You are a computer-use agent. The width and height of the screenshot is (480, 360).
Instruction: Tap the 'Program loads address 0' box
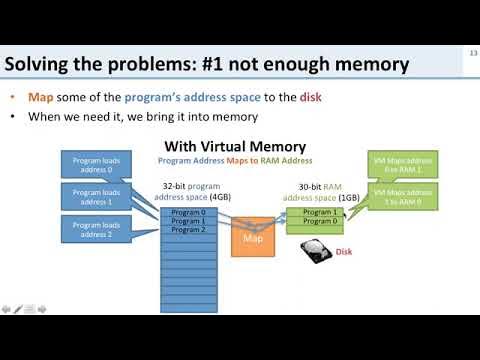point(96,163)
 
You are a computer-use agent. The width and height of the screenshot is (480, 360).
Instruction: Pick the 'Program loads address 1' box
point(96,196)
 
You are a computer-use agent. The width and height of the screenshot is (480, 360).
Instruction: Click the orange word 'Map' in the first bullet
point(43,97)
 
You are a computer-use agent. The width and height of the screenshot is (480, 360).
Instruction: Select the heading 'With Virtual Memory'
point(233,147)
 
